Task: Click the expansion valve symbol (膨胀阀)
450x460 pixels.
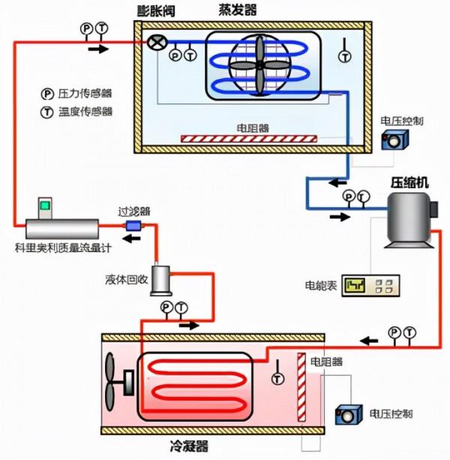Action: pyautogui.click(x=156, y=42)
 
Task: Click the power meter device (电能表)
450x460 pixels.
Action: pyautogui.click(x=370, y=285)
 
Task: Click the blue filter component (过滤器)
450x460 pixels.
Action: pyautogui.click(x=135, y=226)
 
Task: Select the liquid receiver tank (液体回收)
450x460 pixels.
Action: pyautogui.click(x=161, y=279)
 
